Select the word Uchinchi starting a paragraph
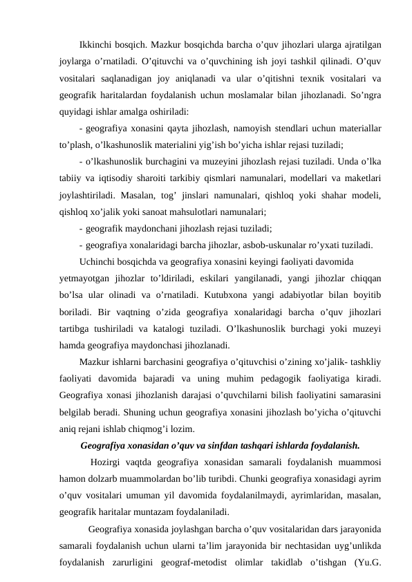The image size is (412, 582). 98,263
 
